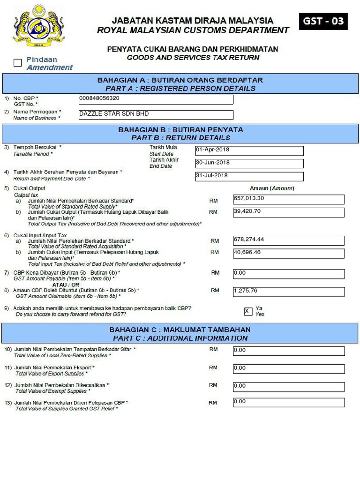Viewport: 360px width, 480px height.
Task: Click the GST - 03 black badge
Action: tap(323, 22)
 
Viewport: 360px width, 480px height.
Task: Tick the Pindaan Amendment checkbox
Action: tap(18, 63)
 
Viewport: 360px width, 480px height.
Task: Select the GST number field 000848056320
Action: tap(156, 99)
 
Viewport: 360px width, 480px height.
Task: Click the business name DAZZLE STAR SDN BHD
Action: tap(156, 114)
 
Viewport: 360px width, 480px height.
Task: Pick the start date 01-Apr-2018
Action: tap(249, 150)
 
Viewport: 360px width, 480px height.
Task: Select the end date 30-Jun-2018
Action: tap(249, 163)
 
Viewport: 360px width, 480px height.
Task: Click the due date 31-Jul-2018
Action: tap(249, 176)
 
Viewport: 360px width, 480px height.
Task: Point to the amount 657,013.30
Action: tap(288, 199)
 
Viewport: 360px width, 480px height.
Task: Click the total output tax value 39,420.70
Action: tap(288, 212)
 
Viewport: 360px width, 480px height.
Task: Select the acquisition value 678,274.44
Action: tap(288, 240)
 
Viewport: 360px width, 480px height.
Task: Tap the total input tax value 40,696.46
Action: tap(288, 253)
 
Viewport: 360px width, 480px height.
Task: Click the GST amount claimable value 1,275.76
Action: tap(288, 291)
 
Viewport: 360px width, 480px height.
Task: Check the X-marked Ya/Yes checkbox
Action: tap(248, 311)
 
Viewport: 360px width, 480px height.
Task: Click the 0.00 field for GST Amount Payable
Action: tap(288, 273)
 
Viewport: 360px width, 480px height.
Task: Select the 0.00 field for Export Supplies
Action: tap(288, 369)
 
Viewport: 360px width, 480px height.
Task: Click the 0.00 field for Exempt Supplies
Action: tap(288, 387)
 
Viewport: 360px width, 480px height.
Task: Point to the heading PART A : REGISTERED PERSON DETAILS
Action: tap(180, 88)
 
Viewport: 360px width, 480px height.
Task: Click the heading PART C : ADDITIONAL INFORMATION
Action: tap(180, 338)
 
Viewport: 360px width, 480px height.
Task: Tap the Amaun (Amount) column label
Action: tap(271, 188)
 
